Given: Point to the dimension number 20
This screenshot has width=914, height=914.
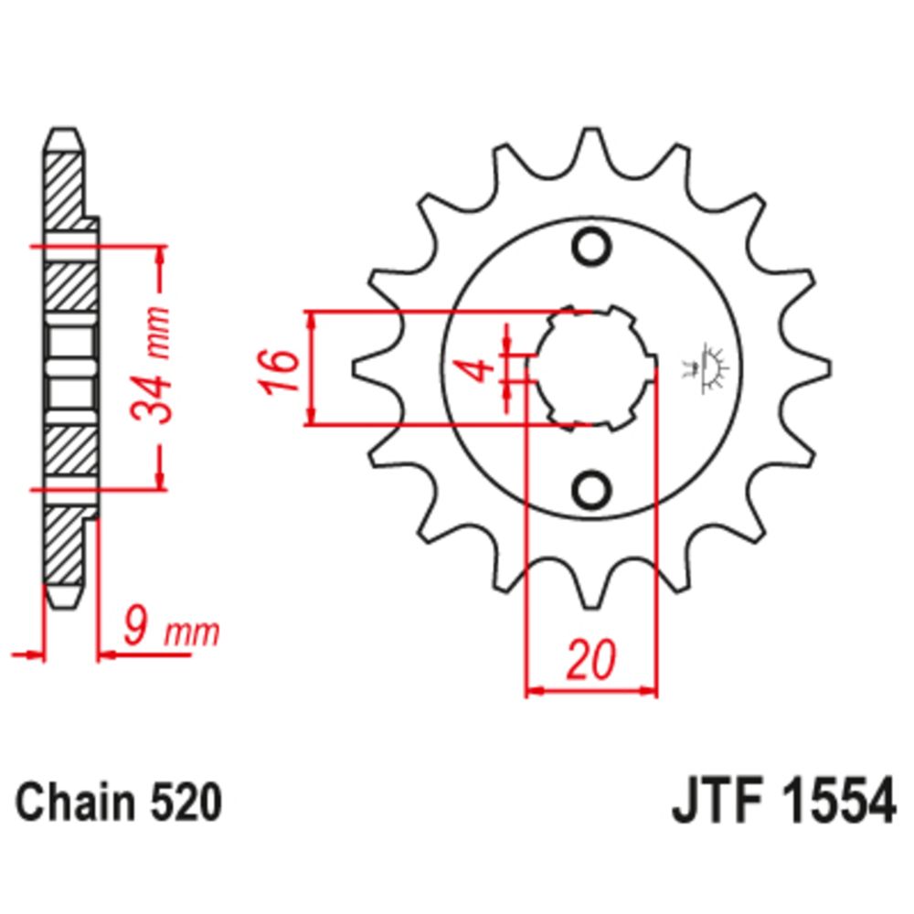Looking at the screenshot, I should [590, 660].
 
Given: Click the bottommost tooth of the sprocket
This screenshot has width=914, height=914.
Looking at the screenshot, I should [590, 594].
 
